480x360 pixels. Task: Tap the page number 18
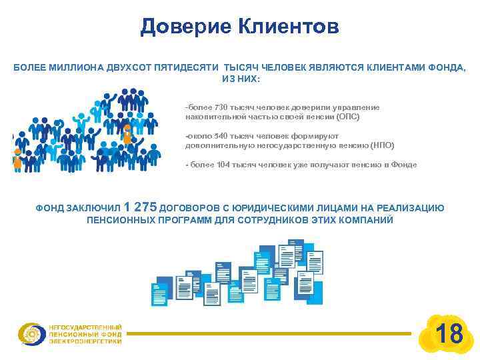click(x=449, y=333)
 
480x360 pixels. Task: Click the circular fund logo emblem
click(x=31, y=333)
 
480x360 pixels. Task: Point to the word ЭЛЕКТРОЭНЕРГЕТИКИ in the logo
click(x=85, y=341)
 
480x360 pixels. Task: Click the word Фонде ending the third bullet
click(x=405, y=164)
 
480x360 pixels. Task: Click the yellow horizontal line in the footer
click(x=267, y=333)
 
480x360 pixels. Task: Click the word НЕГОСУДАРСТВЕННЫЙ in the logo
click(x=85, y=327)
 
